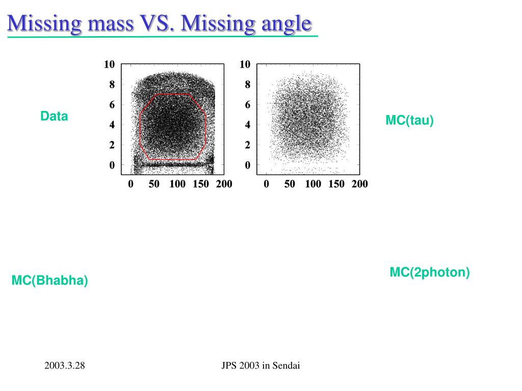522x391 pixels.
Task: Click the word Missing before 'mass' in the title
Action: [44, 24]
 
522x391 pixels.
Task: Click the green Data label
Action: [54, 116]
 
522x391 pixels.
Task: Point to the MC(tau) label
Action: [409, 120]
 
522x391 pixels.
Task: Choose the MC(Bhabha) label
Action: [49, 281]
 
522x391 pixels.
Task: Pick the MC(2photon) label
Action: [430, 272]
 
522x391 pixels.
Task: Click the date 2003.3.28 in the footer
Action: [65, 366]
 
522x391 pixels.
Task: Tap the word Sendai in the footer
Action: [286, 366]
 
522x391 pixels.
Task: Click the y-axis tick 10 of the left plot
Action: [109, 64]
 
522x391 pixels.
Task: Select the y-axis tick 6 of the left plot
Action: [112, 105]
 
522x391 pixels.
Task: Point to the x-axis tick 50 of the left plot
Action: [154, 184]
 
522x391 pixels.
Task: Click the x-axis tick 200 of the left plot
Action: [224, 184]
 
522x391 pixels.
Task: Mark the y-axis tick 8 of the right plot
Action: [247, 85]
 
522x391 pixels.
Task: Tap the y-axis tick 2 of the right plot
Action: [247, 145]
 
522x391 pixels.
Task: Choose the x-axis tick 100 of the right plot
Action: [314, 184]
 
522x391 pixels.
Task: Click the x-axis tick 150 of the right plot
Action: [336, 184]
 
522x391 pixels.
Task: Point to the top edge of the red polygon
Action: [172, 94]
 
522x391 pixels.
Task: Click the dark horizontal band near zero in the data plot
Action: [173, 164]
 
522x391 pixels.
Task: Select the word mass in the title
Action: [111, 24]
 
